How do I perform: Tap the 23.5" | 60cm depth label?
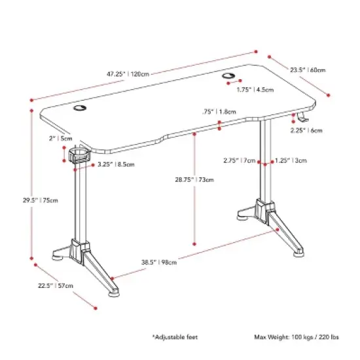pos(308,69)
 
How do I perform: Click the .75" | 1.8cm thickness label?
pos(220,111)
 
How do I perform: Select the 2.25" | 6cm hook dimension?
pos(306,130)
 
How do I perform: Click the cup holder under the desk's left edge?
pos(79,156)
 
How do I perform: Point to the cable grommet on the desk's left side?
pos(80,109)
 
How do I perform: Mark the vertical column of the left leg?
pos(78,203)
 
